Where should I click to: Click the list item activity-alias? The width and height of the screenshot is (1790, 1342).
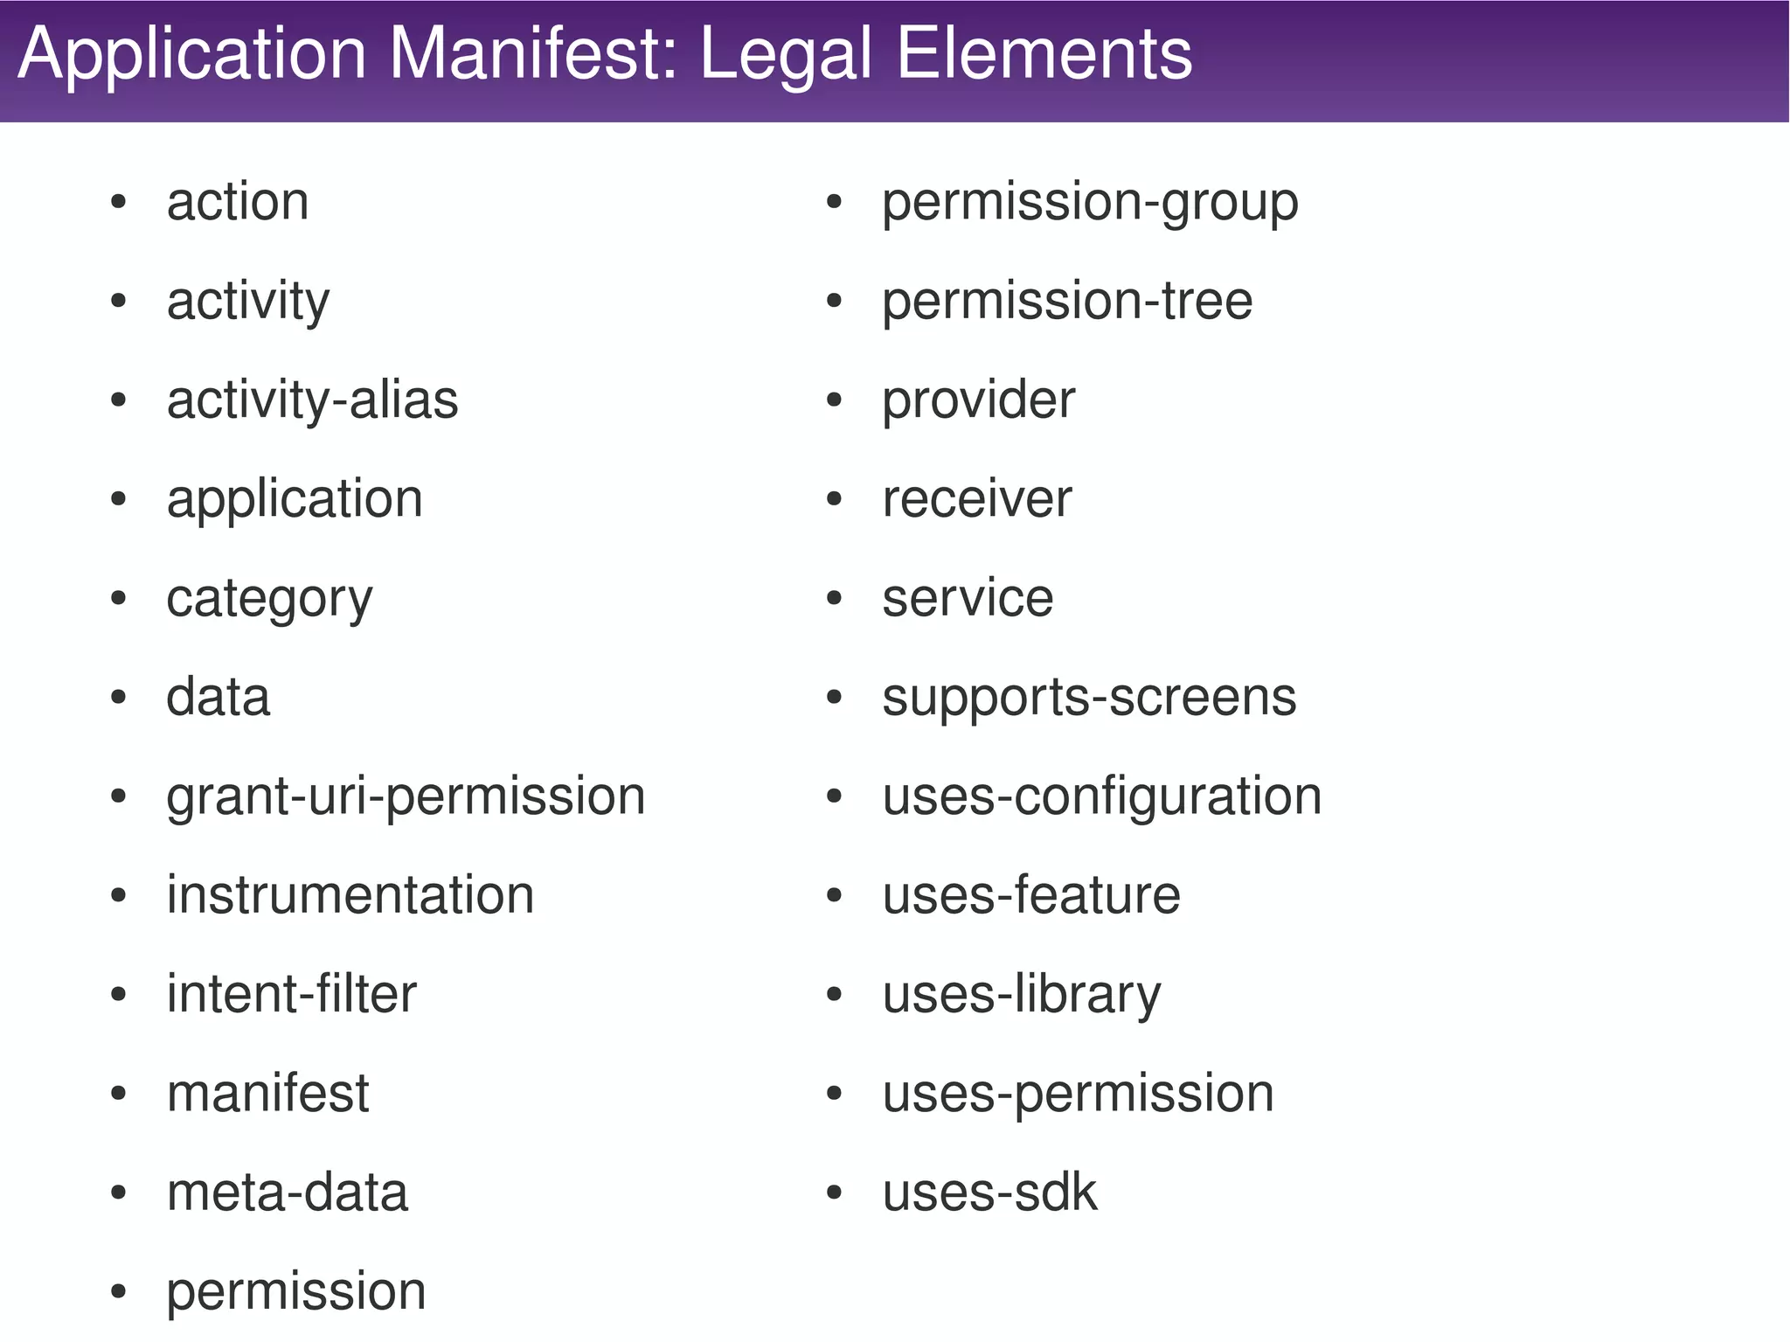tap(312, 401)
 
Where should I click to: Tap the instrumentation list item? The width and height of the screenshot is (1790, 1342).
tap(350, 895)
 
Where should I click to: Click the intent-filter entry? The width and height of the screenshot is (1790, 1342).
tap(292, 994)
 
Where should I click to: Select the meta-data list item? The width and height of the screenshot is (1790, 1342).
tap(288, 1193)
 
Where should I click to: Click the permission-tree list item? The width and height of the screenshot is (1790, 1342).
tap(1067, 302)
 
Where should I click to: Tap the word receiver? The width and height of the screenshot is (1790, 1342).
tap(976, 500)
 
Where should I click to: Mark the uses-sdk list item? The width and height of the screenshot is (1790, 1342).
tap(989, 1193)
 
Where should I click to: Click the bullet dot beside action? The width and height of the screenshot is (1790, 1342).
tap(119, 203)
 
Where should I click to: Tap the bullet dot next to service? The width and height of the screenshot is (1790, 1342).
tap(834, 599)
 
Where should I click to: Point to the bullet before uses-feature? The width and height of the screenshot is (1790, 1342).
tap(834, 896)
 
